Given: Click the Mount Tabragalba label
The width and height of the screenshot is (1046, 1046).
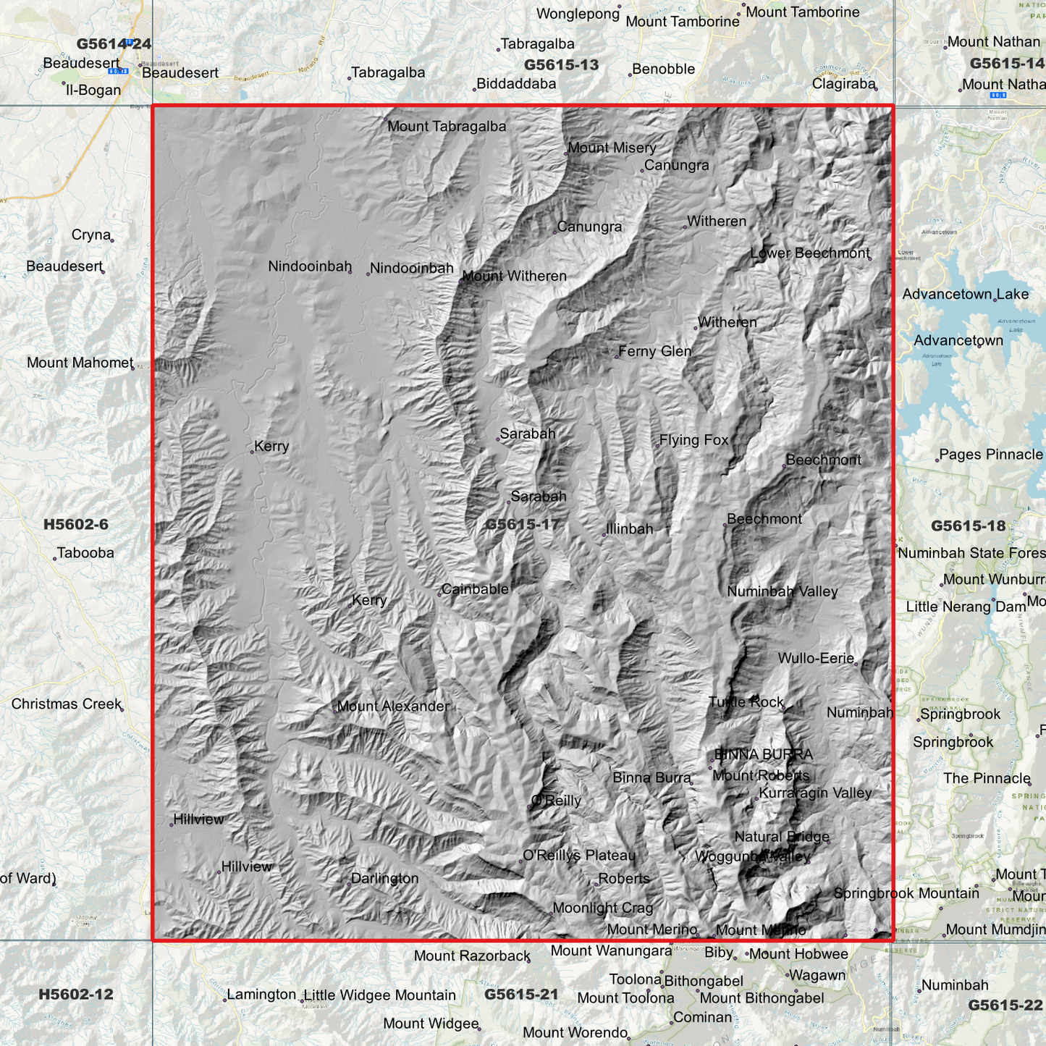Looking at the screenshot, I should coord(447,127).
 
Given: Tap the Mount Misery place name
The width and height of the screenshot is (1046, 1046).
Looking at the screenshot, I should coord(612,148).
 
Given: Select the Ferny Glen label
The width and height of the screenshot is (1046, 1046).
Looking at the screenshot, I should coord(654,351).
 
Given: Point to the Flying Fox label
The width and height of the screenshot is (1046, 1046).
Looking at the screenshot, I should coord(693,440).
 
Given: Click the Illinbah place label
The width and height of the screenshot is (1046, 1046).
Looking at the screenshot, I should coord(629,529).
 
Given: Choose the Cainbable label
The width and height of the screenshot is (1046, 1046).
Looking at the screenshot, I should coord(475,589).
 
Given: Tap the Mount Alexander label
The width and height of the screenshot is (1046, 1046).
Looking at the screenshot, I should coord(393,706).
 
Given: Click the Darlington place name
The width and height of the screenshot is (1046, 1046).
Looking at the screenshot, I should coord(384,878).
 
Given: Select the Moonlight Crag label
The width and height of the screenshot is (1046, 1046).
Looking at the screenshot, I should coord(602,908).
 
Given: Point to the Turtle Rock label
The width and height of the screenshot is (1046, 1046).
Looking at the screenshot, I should coord(746,702).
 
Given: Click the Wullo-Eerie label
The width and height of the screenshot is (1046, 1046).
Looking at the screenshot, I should coord(816,658).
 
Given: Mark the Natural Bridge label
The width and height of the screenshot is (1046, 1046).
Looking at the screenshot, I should coord(782,837).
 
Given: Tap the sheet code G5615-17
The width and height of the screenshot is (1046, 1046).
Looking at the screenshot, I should coord(522,524).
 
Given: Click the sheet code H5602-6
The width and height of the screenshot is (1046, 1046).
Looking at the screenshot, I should coord(75,524).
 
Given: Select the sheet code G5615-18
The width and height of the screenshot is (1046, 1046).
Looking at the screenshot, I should coord(968,526).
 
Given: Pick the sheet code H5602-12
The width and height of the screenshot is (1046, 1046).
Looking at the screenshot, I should coord(75,994).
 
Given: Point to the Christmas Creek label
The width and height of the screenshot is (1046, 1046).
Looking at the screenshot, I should coord(66,704).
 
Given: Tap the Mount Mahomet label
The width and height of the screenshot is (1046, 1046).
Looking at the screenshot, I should coord(80,363).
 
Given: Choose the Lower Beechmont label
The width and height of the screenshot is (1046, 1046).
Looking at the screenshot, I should coord(809,253).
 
